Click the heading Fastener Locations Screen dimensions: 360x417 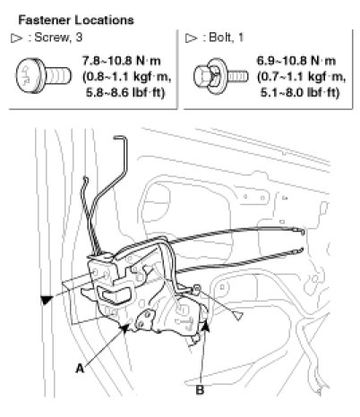76,21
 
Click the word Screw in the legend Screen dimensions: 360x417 51,38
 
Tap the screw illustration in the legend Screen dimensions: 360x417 43,76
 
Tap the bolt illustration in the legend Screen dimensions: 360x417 220,76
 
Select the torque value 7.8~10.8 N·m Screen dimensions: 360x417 122,61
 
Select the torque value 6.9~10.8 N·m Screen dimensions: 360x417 296,61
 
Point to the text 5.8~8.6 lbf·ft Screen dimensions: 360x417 125,93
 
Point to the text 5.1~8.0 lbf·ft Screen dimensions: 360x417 300,93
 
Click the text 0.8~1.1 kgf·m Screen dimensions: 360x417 127,77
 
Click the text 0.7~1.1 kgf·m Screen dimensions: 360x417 302,77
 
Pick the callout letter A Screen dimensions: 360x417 80,369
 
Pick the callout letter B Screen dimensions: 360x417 200,389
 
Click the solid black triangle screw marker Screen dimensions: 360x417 47,300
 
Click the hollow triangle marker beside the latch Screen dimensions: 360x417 238,315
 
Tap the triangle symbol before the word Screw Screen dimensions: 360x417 16,38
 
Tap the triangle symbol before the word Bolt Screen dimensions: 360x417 191,38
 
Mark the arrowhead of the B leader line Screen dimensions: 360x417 206,326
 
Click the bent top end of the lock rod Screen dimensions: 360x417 120,138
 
